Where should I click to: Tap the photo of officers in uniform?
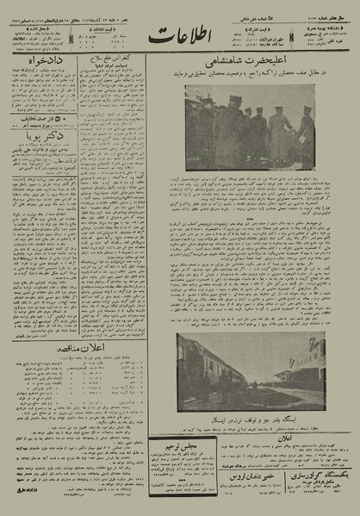249,127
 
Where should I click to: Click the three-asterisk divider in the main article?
249,218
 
